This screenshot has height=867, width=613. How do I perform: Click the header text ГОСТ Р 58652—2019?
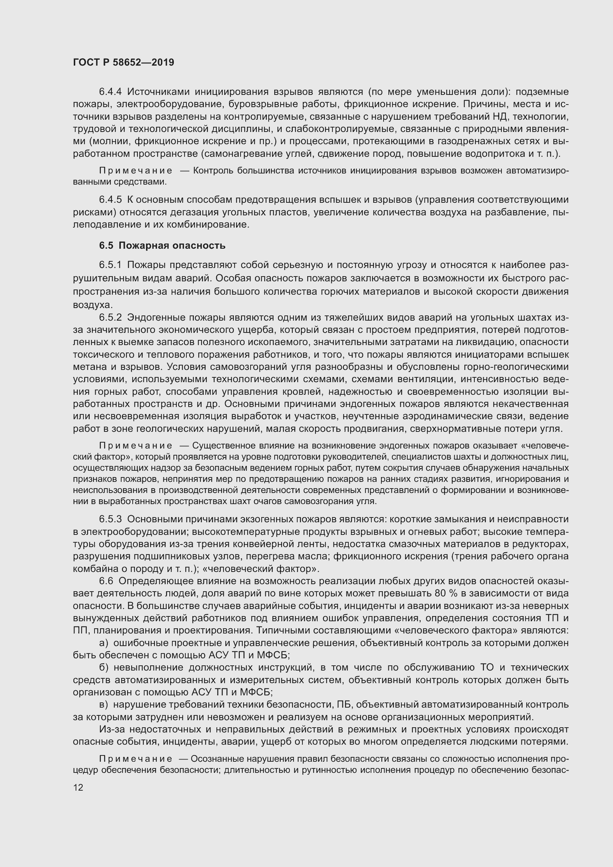[x=123, y=62]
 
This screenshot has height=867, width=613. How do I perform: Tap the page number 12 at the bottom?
[x=78, y=787]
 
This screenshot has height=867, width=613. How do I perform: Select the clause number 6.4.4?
[x=110, y=92]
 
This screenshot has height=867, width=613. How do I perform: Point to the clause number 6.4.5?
[x=110, y=200]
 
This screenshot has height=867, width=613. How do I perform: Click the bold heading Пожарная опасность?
[x=172, y=245]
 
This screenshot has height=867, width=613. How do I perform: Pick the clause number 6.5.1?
[x=110, y=265]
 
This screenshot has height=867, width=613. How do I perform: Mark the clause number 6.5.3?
[x=110, y=519]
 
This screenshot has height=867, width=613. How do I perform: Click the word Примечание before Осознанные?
[x=136, y=759]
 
